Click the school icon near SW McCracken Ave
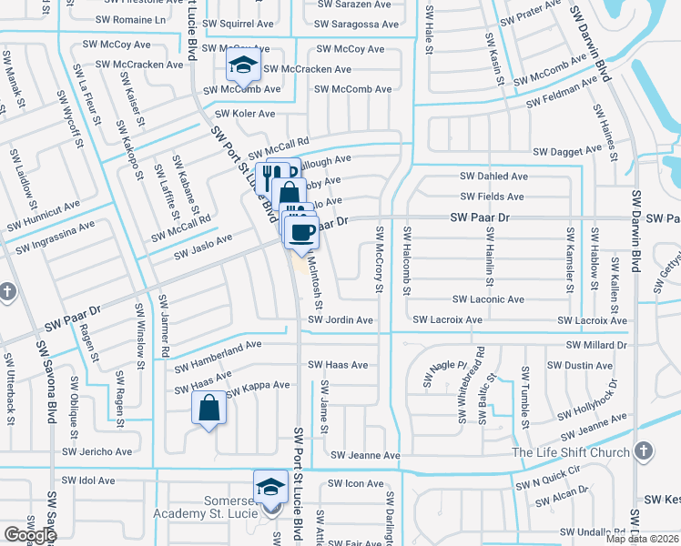[x=243, y=65]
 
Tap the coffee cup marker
[x=300, y=231]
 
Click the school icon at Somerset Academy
[x=270, y=488]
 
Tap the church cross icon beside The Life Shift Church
[x=644, y=451]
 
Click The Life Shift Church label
[x=571, y=452]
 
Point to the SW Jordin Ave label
[x=340, y=320]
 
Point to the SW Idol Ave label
[x=88, y=480]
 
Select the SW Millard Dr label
[x=596, y=346]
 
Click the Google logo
[x=30, y=535]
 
